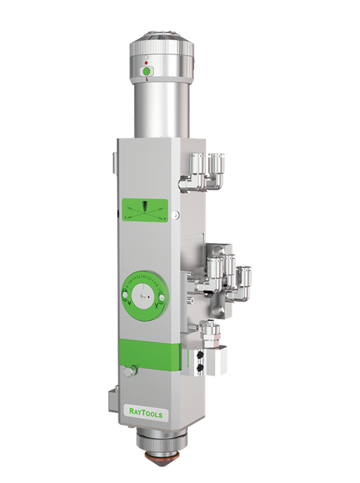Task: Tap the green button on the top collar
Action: (146, 72)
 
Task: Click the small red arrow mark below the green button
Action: (146, 80)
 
